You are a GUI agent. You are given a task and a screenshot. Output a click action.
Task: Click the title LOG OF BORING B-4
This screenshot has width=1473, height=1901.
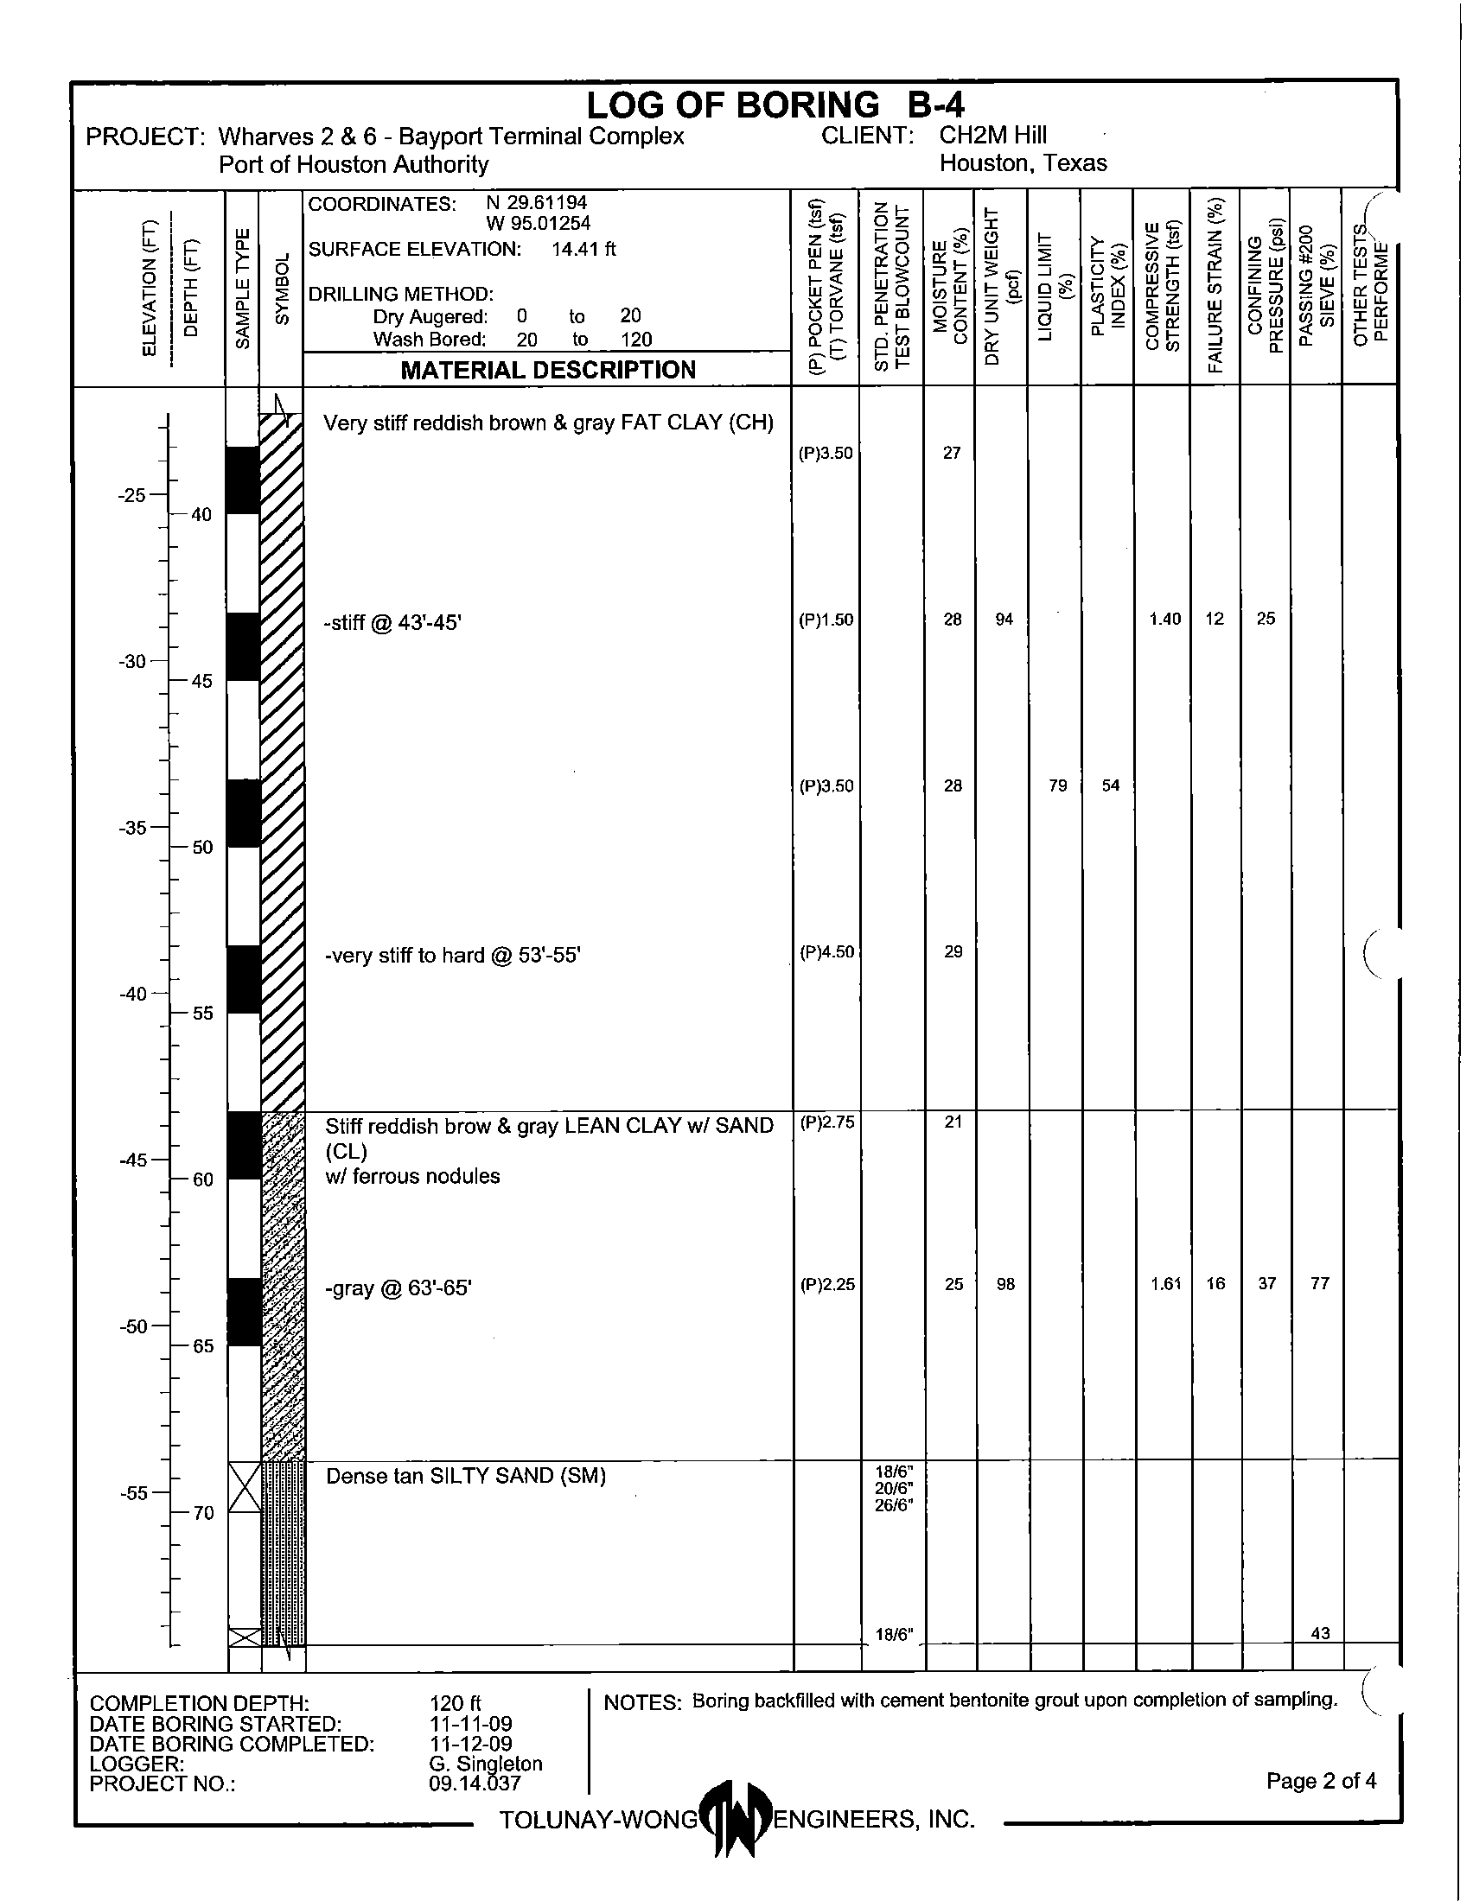coord(775,105)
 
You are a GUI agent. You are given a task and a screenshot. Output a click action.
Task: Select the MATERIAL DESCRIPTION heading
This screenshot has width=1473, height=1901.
coord(547,370)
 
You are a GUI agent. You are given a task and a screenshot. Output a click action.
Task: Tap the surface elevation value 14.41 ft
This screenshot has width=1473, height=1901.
coord(583,250)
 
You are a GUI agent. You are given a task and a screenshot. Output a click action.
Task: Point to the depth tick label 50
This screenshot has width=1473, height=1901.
coord(202,848)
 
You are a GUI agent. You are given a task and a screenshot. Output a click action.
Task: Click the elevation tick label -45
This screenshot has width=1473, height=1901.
coord(133,1160)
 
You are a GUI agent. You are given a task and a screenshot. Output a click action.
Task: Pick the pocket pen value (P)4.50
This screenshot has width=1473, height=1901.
coord(826,952)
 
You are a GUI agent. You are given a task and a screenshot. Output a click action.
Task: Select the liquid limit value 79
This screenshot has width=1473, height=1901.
coord(1057,786)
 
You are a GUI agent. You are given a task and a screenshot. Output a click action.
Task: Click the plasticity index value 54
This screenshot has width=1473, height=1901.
coord(1110,786)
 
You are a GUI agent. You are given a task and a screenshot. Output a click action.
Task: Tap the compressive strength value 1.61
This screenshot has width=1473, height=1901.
coord(1164,1284)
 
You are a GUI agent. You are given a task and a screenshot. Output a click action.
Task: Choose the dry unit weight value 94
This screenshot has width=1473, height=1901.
coord(1004,620)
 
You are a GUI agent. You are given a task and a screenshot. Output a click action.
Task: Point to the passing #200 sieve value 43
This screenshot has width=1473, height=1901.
coord(1320,1634)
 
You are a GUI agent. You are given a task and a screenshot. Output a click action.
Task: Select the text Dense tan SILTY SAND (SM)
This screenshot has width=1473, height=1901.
coord(466,1476)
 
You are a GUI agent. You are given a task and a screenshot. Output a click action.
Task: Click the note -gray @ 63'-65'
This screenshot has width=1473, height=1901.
coord(398,1288)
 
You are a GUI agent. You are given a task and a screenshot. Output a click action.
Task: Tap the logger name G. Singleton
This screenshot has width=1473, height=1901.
coord(486,1764)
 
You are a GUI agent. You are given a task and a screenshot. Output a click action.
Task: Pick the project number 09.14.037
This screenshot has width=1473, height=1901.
coord(475,1783)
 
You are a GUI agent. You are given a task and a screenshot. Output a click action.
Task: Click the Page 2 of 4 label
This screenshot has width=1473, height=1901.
coord(1321,1781)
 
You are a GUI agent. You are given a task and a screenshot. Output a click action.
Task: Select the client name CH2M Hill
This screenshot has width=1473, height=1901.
coord(992,136)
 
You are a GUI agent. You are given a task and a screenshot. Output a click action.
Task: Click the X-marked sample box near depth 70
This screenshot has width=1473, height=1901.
coord(245,1488)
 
